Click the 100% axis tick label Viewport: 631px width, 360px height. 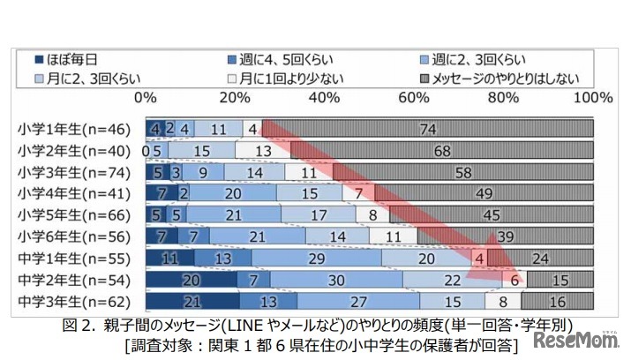(592, 96)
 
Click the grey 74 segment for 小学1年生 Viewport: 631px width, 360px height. (428, 128)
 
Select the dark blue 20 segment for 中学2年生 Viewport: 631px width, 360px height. (191, 281)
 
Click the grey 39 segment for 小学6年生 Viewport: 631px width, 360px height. (506, 237)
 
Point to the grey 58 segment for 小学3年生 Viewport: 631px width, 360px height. (464, 171)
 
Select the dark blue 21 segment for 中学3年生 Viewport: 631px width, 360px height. (193, 303)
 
